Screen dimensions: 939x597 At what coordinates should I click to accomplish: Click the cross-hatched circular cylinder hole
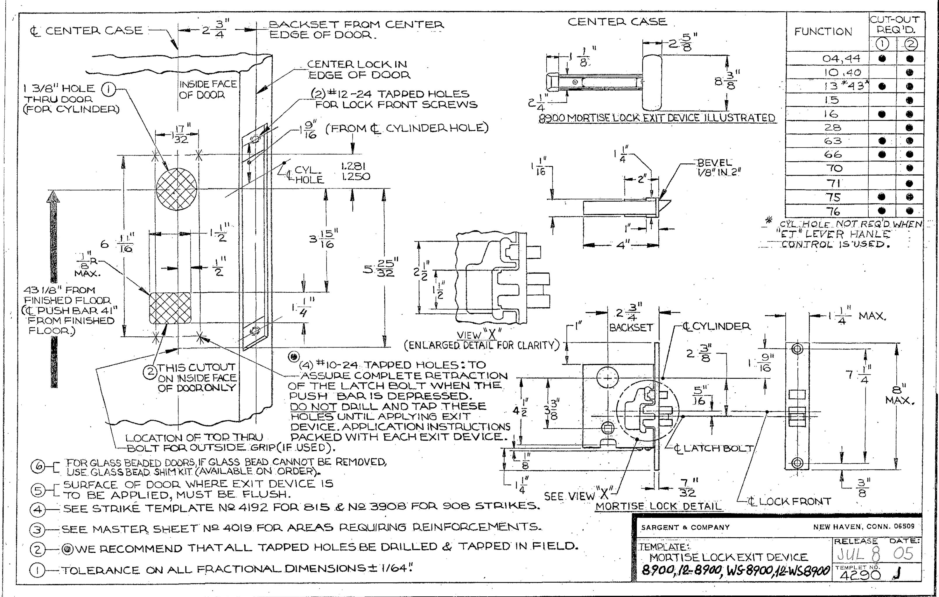coord(177,188)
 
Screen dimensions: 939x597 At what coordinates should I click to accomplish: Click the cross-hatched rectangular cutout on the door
coord(171,308)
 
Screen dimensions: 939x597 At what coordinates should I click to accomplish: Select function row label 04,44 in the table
coord(840,59)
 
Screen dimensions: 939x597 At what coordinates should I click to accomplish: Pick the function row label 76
coord(832,212)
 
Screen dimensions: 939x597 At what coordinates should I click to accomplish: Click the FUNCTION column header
coord(823,32)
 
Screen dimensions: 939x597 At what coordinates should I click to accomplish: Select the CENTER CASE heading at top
coord(617,22)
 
